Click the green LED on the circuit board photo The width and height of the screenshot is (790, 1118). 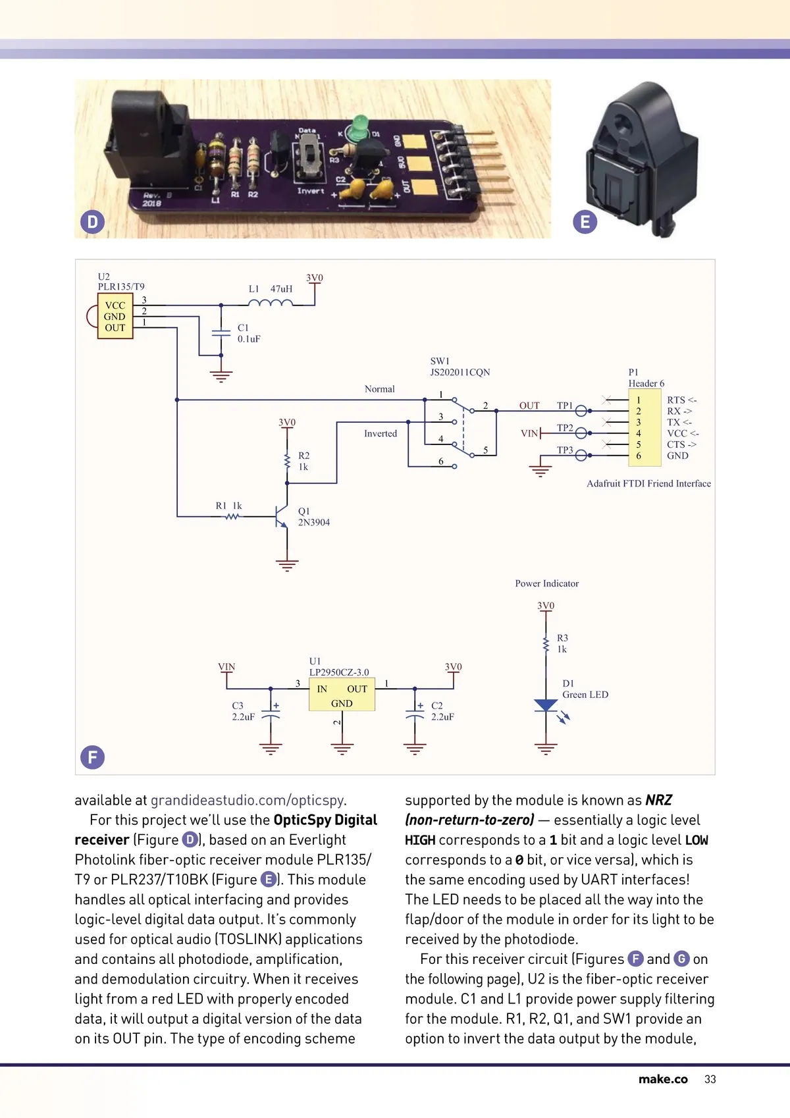(x=358, y=126)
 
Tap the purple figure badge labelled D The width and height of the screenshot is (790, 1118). (x=93, y=222)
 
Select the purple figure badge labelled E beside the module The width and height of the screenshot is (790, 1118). (x=585, y=222)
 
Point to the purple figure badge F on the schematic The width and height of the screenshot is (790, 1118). (x=93, y=757)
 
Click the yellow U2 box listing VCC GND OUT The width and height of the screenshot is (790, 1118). (x=115, y=317)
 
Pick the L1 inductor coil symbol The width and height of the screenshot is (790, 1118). (x=271, y=304)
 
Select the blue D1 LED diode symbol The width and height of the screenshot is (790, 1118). (x=546, y=705)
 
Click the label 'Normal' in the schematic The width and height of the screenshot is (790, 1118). (x=380, y=389)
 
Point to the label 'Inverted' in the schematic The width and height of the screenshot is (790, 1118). (x=381, y=433)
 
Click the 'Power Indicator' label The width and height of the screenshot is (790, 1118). (x=546, y=583)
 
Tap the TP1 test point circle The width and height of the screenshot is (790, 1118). (x=581, y=411)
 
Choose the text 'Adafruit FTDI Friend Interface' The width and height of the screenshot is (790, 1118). (x=648, y=483)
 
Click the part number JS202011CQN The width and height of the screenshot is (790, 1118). (x=460, y=372)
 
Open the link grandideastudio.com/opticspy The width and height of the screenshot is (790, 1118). (x=248, y=800)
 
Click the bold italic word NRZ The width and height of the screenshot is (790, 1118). (x=658, y=800)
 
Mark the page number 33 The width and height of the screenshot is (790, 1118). (x=710, y=1079)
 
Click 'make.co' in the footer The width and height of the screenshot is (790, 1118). (x=663, y=1079)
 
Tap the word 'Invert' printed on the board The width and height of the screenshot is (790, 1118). (x=310, y=191)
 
